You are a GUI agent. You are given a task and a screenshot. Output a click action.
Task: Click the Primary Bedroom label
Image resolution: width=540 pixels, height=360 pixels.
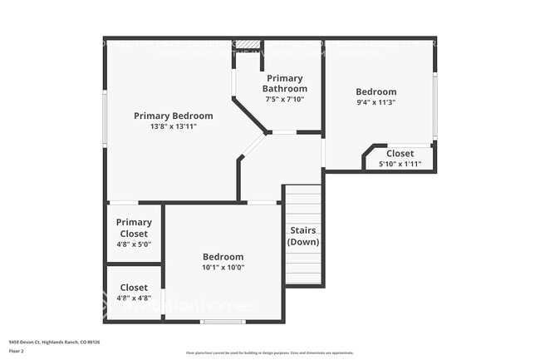pos(173,116)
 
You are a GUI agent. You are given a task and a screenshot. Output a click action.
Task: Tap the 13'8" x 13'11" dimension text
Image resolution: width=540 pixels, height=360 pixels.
pos(173,126)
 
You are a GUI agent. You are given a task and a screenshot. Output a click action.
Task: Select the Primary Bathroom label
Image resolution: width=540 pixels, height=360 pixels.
pos(285,83)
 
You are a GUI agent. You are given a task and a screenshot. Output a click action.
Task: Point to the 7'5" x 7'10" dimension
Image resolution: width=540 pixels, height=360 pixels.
pos(285,99)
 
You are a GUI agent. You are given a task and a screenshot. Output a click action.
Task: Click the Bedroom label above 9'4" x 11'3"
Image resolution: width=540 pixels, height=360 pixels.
pos(376,91)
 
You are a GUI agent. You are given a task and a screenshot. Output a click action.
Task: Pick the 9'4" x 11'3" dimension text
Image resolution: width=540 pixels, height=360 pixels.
pos(376,103)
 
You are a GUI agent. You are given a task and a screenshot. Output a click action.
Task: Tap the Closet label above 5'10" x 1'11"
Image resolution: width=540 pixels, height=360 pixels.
pos(400,153)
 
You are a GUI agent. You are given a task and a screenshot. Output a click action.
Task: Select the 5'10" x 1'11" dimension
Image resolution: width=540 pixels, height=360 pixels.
pos(400,164)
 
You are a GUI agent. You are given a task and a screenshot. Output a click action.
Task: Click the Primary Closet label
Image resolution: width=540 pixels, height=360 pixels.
pos(134,228)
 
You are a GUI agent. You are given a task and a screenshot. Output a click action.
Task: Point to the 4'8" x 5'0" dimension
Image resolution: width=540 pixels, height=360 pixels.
pos(134,244)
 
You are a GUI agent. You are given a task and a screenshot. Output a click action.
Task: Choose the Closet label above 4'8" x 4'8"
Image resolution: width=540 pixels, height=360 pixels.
pos(134,288)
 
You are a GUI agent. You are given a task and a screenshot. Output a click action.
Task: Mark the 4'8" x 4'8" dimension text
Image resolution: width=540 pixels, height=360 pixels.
pos(134,298)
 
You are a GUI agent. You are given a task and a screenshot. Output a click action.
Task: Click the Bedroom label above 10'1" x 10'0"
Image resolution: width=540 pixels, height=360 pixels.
pos(223,257)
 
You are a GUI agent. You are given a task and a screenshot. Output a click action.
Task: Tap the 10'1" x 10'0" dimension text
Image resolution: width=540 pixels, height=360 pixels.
pos(223,268)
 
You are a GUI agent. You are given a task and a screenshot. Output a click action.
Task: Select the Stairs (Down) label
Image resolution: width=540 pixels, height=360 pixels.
pos(303,235)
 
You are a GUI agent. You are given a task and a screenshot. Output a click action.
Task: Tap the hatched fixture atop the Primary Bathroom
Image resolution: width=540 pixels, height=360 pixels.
pos(247,43)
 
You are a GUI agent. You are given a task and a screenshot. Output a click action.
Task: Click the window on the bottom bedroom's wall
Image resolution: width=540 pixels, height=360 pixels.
pos(223,321)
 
